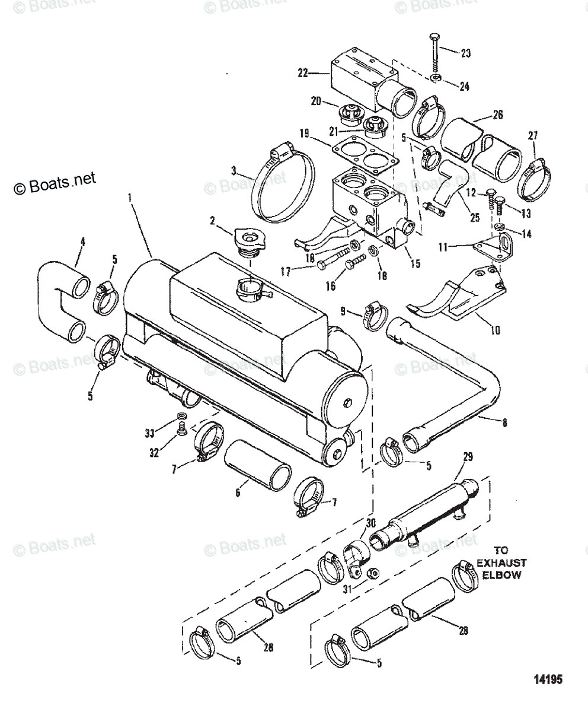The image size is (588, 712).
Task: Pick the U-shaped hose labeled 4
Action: click(59, 303)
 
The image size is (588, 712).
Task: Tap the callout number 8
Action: click(504, 423)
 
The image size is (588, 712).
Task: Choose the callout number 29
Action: click(467, 457)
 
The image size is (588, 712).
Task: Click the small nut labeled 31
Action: click(374, 573)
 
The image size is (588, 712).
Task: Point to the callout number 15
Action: click(415, 263)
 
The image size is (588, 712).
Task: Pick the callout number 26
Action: click(497, 115)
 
